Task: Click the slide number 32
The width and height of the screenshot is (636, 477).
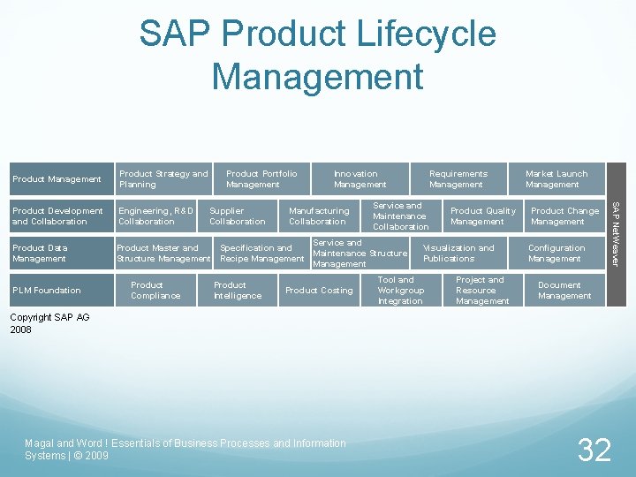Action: pos(594,450)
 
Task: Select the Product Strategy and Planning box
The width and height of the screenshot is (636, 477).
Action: pos(163,179)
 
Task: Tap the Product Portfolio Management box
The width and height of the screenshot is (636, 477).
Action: pos(261,179)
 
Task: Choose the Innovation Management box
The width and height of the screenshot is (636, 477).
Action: pos(360,179)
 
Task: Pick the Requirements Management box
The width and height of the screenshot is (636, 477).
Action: pos(458,179)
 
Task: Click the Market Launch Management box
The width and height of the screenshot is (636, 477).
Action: pos(556,179)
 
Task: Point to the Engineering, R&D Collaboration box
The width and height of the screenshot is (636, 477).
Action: pos(155,216)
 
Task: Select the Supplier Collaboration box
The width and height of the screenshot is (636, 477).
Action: pos(237,216)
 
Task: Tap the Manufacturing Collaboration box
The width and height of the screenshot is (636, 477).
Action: pos(318,216)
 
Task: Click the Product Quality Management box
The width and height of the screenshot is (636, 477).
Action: pos(482,216)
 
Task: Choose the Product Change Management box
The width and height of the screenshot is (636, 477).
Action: pos(564,216)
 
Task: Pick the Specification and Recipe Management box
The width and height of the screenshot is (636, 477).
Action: pos(261,254)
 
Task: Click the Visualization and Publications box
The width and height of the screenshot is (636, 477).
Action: pos(458,254)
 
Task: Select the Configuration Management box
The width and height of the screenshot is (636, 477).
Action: pos(556,254)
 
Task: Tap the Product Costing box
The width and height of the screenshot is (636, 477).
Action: pos(319,291)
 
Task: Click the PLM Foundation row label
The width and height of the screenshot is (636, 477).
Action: pos(46,291)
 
